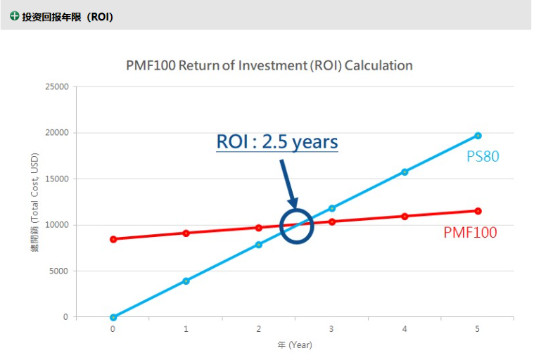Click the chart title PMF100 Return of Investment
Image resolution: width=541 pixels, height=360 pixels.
[x=269, y=65]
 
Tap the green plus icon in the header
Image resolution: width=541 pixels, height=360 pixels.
[x=14, y=15]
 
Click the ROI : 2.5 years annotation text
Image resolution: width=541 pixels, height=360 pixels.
[x=276, y=141]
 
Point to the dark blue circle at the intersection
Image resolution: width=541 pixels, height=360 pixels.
[x=296, y=226]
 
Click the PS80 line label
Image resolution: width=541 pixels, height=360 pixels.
[x=483, y=156]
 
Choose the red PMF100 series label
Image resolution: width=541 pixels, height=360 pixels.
[x=470, y=233]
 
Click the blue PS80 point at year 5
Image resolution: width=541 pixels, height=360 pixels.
[x=478, y=136]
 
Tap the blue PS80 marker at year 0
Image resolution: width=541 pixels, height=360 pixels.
[x=113, y=317]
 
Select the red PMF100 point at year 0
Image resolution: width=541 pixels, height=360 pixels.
[x=113, y=239]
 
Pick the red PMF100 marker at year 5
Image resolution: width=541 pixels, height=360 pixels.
[x=478, y=211]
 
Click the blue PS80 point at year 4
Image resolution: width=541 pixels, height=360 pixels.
[x=405, y=172]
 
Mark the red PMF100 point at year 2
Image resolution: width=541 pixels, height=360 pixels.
[x=259, y=228]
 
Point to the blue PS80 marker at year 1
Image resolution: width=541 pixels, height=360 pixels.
[x=186, y=281]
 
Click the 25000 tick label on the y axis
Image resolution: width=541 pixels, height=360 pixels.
[x=57, y=87]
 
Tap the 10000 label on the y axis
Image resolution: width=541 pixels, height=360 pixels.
[x=57, y=225]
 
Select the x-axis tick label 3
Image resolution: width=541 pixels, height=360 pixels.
[x=331, y=329]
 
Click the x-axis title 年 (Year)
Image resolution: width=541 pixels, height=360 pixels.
[x=294, y=345]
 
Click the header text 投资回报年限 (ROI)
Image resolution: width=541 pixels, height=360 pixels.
[x=68, y=16]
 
